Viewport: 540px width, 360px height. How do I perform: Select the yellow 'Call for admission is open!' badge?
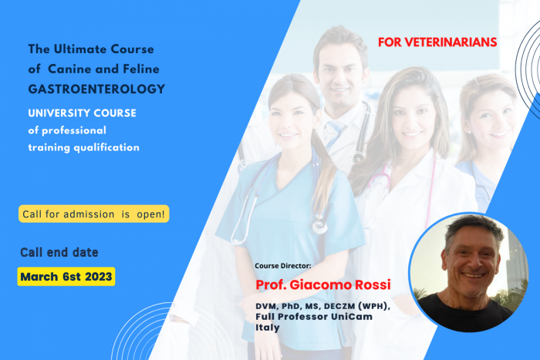click(x=94, y=213)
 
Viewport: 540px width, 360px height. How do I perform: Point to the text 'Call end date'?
click(x=59, y=252)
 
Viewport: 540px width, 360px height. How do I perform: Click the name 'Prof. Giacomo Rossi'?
click(x=323, y=285)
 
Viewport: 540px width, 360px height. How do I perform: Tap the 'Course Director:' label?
click(x=282, y=266)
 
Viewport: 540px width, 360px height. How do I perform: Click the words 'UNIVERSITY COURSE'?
click(x=82, y=113)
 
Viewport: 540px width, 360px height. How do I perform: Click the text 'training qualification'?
click(x=84, y=146)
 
